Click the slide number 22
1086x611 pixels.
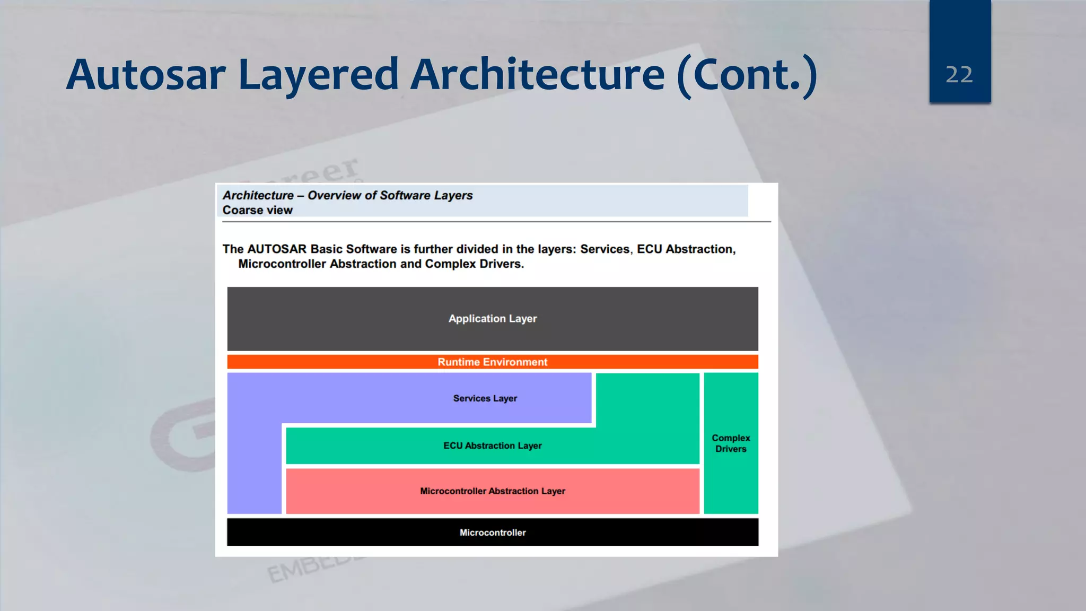click(x=959, y=75)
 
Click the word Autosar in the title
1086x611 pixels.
click(x=146, y=75)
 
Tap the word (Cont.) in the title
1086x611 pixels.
click(x=747, y=75)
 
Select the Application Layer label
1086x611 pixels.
click(x=492, y=319)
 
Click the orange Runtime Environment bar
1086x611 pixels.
click(x=492, y=362)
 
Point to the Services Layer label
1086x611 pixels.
click(x=485, y=398)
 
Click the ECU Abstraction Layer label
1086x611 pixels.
click(x=492, y=446)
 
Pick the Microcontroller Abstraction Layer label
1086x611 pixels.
click(x=492, y=491)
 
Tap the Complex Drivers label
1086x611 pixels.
click(x=731, y=443)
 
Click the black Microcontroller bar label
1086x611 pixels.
click(x=492, y=533)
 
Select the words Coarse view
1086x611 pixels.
click(x=257, y=211)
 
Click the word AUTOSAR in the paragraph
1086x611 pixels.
click(x=277, y=249)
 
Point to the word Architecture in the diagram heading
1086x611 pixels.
click(x=258, y=196)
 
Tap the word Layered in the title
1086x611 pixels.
click(x=318, y=75)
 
